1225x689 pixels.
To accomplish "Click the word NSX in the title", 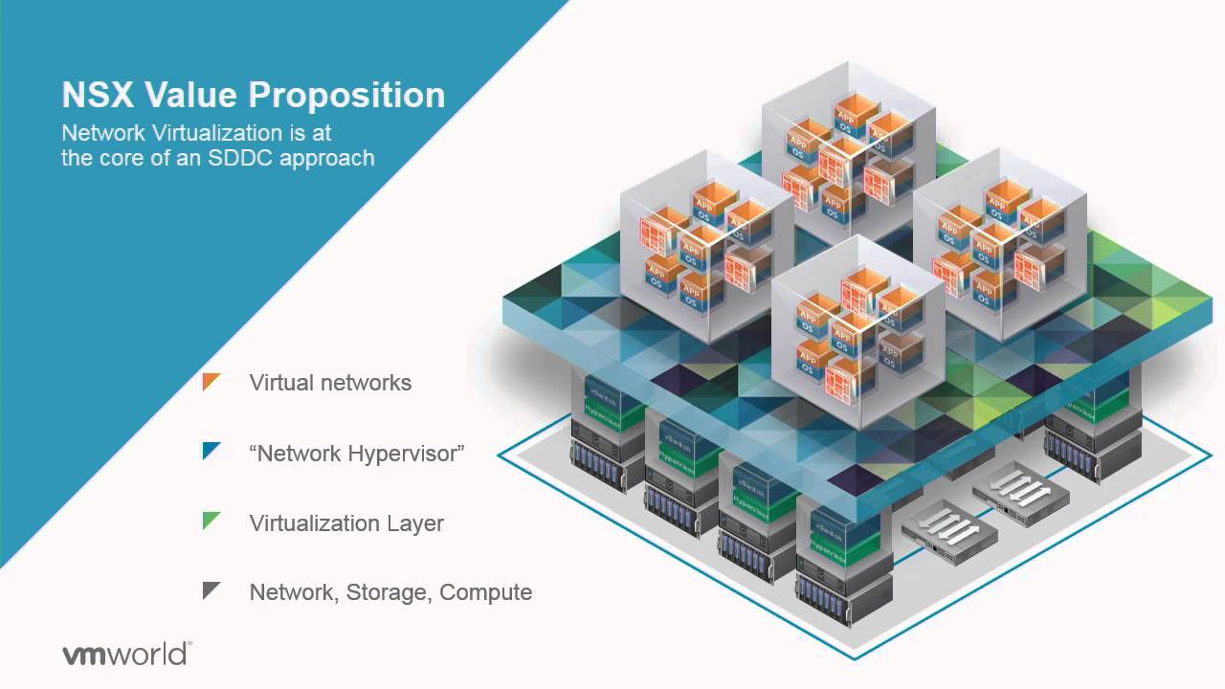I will pos(93,96).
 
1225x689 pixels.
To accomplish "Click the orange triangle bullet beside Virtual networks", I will pos(212,382).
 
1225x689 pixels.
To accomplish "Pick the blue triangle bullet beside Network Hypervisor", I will pos(212,451).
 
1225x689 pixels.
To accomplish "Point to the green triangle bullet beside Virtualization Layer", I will pos(212,522).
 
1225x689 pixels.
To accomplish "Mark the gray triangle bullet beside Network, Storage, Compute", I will pos(212,590).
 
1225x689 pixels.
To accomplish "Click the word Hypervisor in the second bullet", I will pos(406,454).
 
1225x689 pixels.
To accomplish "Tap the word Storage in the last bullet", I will pos(387,592).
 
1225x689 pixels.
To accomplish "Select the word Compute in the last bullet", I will pos(486,592).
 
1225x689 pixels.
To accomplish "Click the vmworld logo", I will pos(126,655).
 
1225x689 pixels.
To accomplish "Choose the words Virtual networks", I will pos(330,383).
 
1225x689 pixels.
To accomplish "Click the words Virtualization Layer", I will pos(346,523).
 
